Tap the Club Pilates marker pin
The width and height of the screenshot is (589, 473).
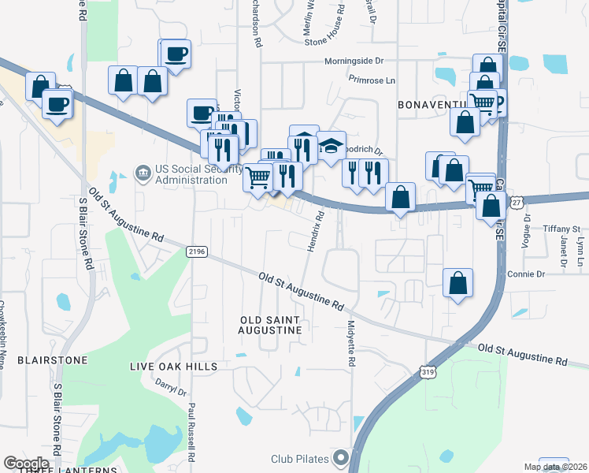point(341,457)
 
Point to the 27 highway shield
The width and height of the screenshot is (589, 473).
point(516,203)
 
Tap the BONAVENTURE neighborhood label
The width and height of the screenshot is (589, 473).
point(434,105)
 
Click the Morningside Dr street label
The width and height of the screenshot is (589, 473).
point(354,61)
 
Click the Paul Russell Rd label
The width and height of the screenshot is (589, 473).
point(191,432)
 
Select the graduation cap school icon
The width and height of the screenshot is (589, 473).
point(332,145)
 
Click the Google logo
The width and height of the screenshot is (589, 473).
point(26,464)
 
